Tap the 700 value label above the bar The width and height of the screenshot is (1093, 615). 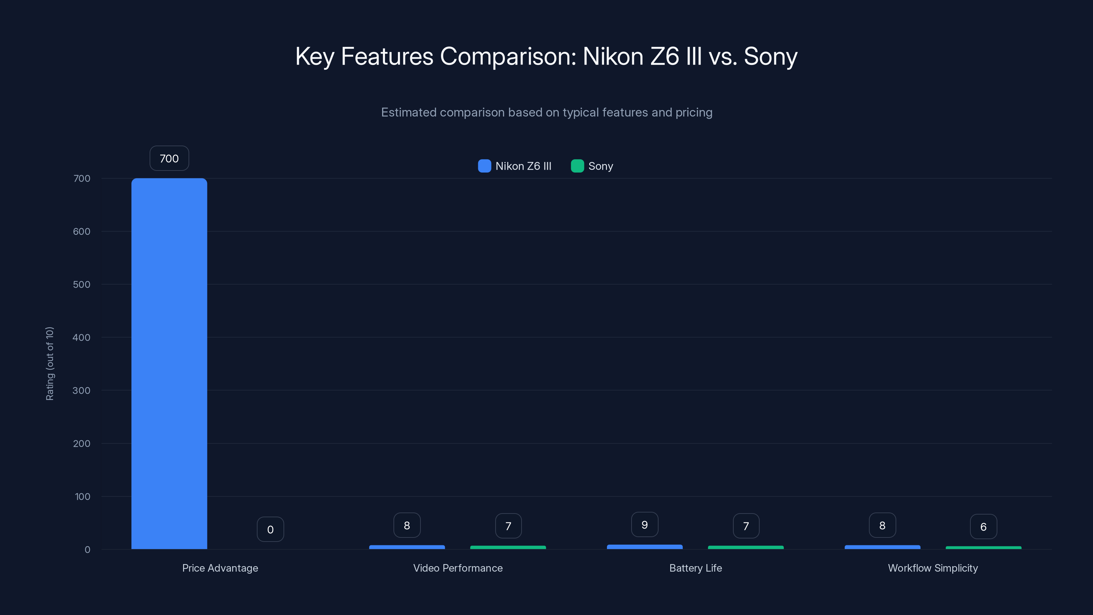[x=169, y=158]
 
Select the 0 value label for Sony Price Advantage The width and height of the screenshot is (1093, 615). [x=270, y=529]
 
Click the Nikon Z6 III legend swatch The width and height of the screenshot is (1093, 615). [x=484, y=166]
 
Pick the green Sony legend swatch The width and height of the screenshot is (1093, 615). [x=577, y=166]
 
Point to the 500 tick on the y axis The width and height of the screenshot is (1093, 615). [x=82, y=284]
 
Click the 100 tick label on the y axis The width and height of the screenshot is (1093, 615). [x=82, y=496]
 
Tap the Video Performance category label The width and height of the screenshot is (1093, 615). [x=458, y=568]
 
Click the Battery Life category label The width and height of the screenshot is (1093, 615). [x=695, y=568]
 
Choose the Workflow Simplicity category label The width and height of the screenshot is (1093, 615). [x=932, y=568]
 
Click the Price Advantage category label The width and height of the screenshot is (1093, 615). [x=220, y=568]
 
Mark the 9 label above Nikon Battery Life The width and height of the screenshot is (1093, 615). [x=645, y=524]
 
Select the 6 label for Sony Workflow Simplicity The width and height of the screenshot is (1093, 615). [x=983, y=527]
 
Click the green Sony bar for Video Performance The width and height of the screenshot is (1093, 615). [x=508, y=547]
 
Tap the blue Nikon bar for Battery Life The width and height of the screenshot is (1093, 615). [x=645, y=547]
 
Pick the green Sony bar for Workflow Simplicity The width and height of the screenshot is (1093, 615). [x=983, y=547]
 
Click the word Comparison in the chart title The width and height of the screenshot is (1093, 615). [x=508, y=56]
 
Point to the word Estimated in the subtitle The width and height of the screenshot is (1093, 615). [x=408, y=112]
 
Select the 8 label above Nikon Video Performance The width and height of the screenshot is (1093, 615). [x=406, y=525]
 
